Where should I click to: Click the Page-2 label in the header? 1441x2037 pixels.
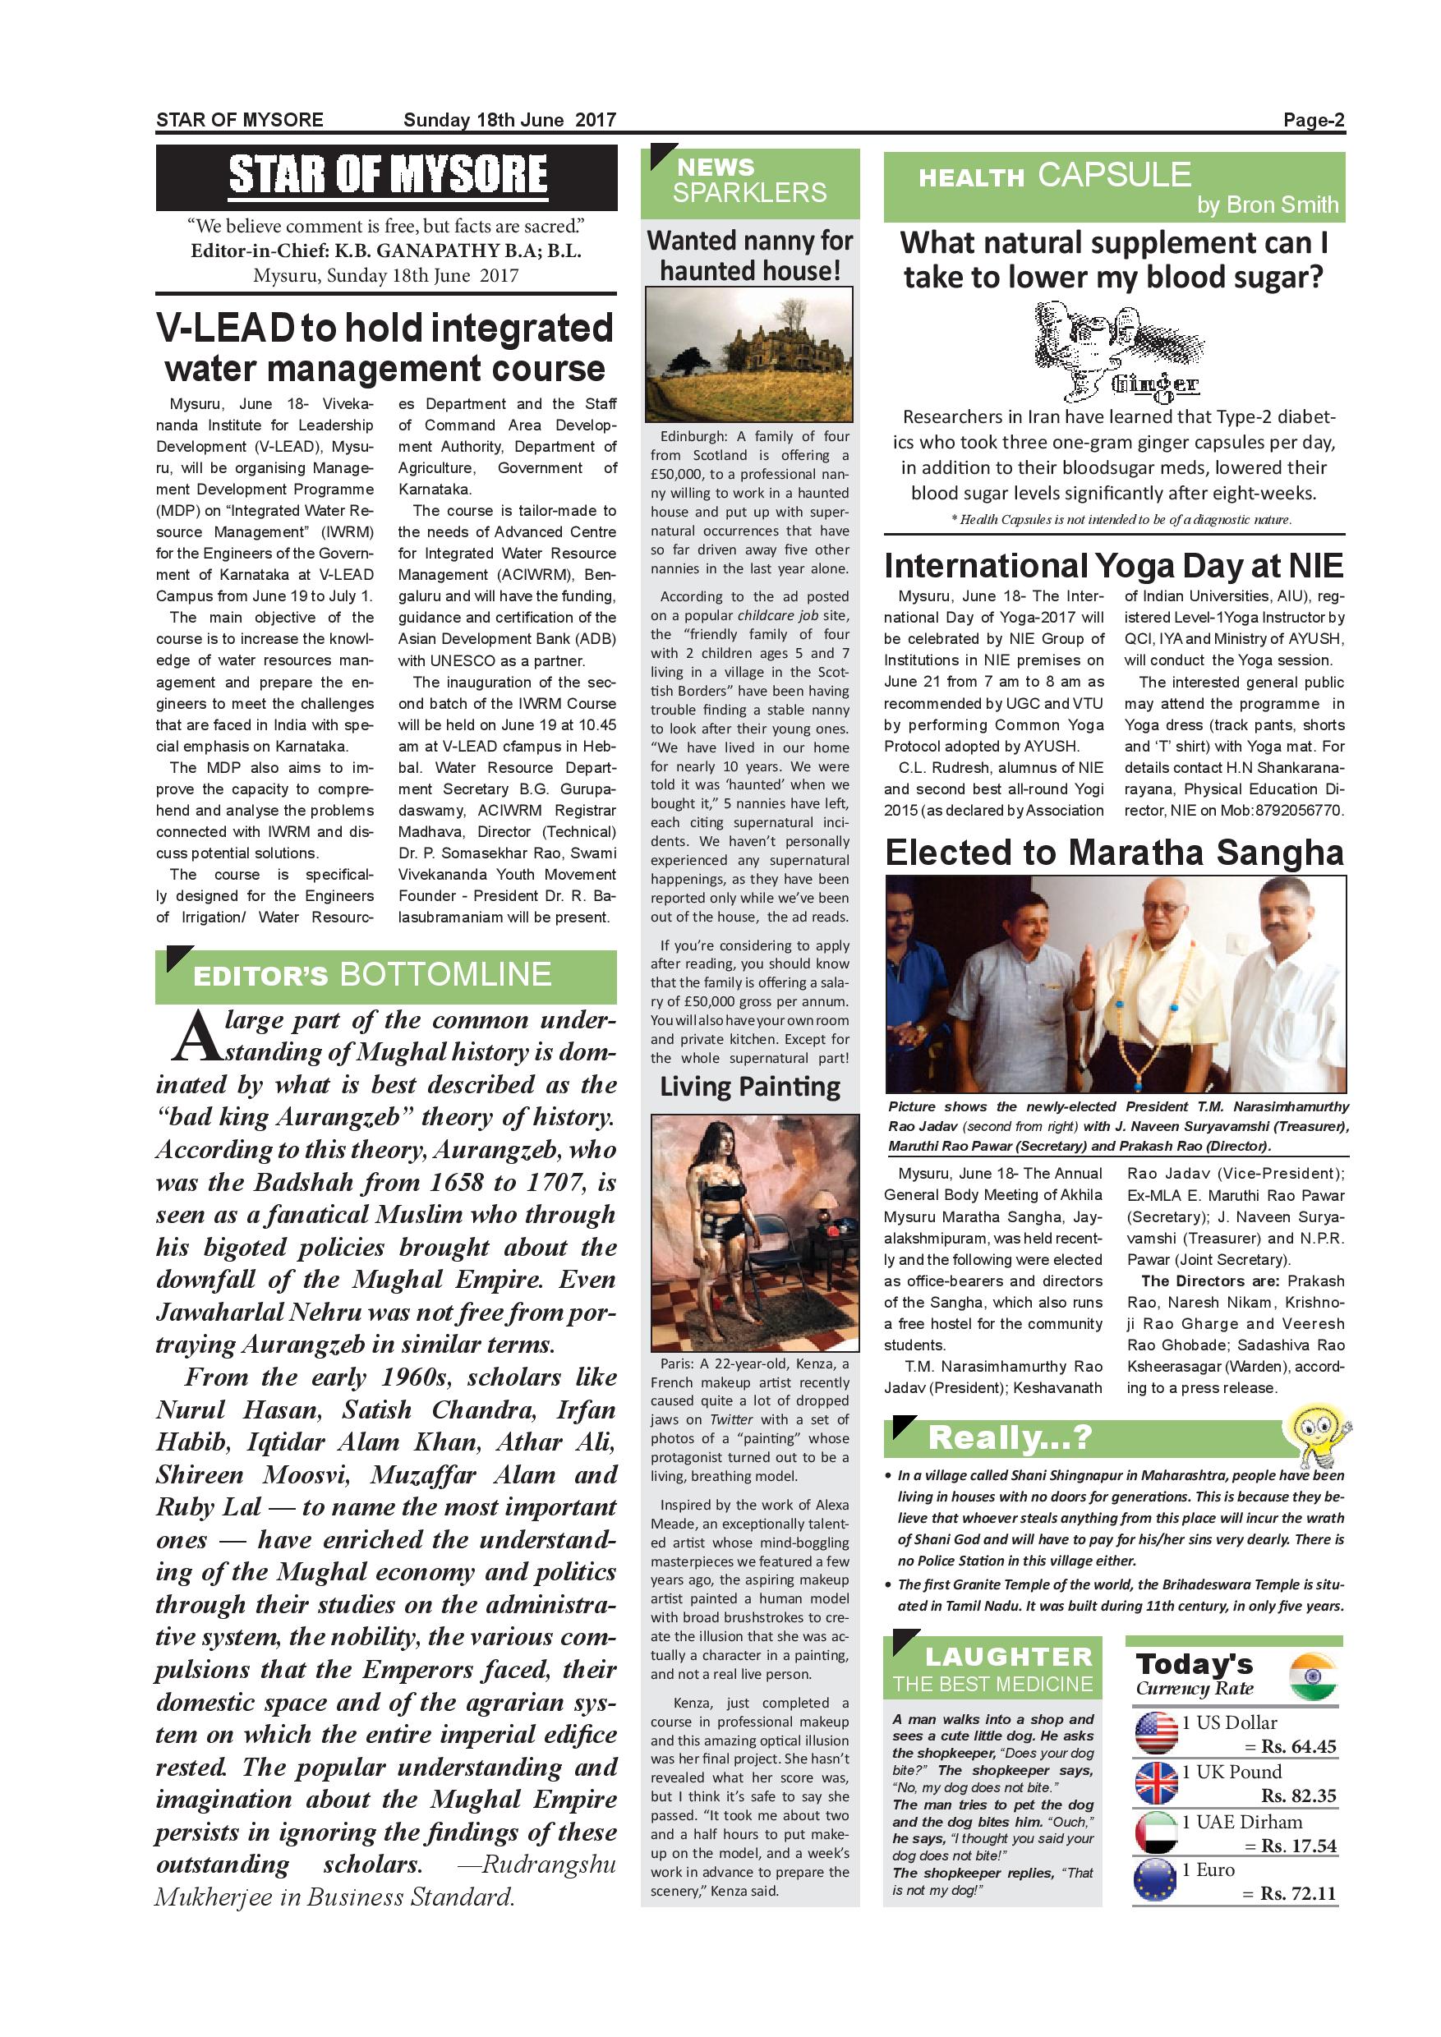(1314, 121)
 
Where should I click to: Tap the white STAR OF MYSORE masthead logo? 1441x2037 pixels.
(388, 176)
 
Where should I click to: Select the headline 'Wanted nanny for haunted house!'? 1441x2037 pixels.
(750, 255)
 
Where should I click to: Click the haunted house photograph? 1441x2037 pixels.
(750, 354)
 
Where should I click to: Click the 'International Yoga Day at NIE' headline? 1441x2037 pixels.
(1113, 565)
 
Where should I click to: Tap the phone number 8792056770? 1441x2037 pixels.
(1306, 810)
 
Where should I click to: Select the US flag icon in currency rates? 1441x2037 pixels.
(1156, 1733)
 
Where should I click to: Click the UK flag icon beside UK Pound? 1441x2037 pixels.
(1156, 1782)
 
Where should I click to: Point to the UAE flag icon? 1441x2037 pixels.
(1156, 1831)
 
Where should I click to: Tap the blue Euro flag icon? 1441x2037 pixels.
(1156, 1881)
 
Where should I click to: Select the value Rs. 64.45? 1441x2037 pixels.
(1299, 1746)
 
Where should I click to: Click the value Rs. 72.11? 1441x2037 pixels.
(1299, 1893)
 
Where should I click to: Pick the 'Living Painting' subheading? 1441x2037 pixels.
(750, 1087)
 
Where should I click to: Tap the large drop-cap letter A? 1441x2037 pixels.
(193, 1039)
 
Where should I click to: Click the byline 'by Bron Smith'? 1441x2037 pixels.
(1267, 205)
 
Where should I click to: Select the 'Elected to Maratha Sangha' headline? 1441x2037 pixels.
(1113, 853)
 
